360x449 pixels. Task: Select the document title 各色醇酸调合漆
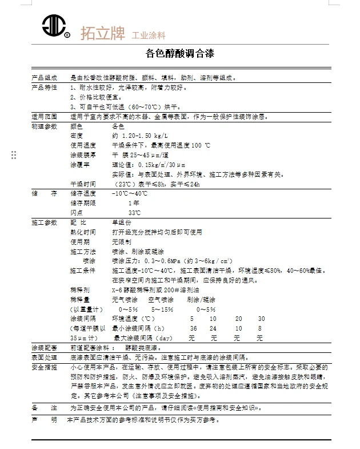click(x=180, y=54)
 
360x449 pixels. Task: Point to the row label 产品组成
click(x=44, y=77)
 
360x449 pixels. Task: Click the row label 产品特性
click(x=44, y=87)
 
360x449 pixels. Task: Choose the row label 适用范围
click(x=44, y=116)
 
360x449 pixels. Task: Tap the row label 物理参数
click(x=44, y=126)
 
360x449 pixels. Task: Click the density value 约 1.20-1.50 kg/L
click(x=140, y=136)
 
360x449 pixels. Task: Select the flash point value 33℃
click(x=134, y=213)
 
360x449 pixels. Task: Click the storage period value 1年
click(x=134, y=203)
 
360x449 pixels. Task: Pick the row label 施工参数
click(x=44, y=222)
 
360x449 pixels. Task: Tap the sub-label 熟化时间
click(x=83, y=232)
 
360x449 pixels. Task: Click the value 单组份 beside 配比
click(x=122, y=222)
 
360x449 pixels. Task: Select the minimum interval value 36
click(x=194, y=328)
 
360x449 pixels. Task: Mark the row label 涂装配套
click(x=44, y=348)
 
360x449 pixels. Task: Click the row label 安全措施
click(x=44, y=367)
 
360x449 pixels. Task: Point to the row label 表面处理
click(x=44, y=357)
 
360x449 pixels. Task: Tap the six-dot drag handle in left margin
click(x=14, y=155)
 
